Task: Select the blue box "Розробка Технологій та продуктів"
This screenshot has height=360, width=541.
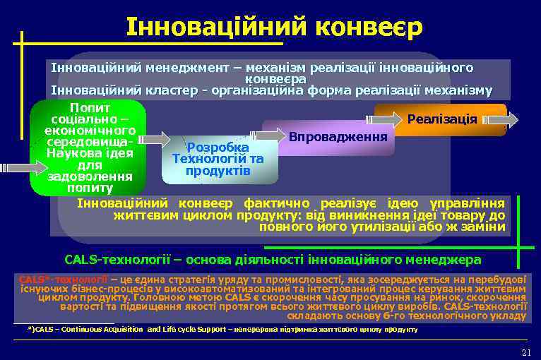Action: (218, 160)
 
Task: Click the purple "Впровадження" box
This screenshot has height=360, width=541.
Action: (338, 135)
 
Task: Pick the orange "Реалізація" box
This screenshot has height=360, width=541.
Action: (441, 119)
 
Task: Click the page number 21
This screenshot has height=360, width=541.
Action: (525, 352)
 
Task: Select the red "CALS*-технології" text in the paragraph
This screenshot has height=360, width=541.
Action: (64, 279)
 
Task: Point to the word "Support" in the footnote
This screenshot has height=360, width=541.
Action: (211, 330)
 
